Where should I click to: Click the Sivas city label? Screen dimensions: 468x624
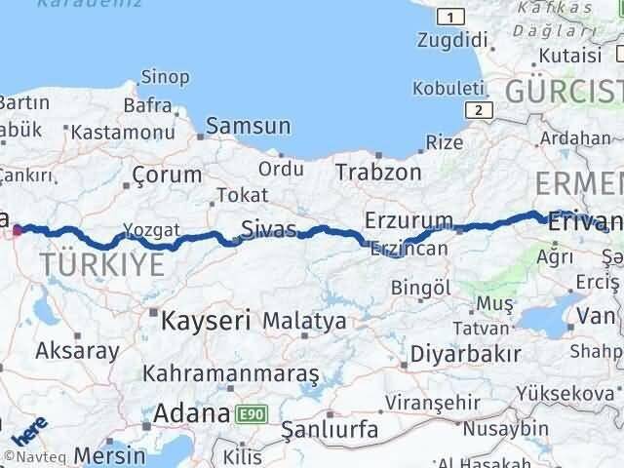267,230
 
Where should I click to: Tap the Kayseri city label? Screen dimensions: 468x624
207,319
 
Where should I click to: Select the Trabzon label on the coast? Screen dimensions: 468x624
378,173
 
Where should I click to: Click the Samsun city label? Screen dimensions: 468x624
248,126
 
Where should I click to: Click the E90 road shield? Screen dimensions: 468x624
250,414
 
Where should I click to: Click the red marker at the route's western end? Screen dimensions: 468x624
18,231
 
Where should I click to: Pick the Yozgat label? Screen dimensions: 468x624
151,231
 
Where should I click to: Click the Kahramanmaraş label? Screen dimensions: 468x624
231,373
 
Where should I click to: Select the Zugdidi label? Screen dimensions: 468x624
450,41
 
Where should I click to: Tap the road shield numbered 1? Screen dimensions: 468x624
450,18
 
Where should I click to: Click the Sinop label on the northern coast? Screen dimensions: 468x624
165,76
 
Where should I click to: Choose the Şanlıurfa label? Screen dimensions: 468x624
328,427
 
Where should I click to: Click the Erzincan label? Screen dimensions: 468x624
409,250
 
